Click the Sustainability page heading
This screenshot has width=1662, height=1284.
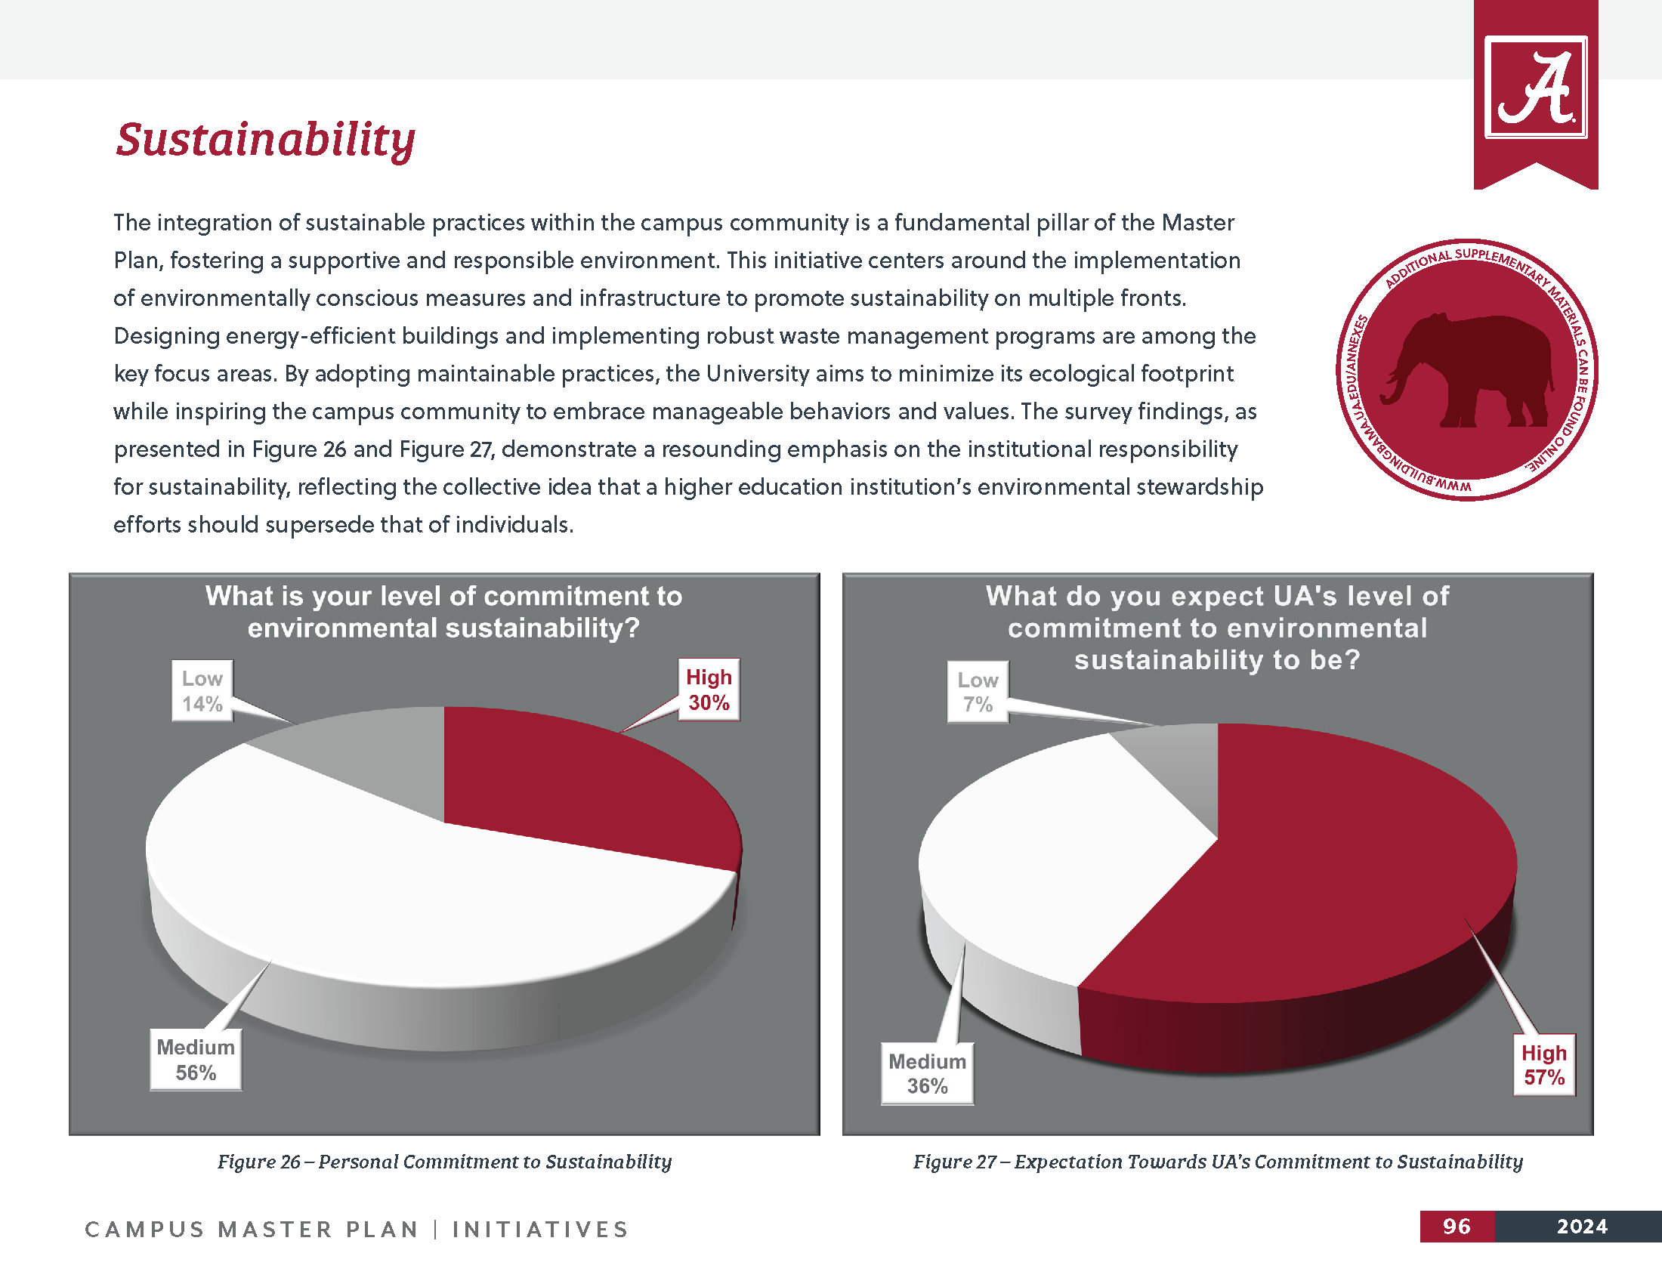pyautogui.click(x=266, y=140)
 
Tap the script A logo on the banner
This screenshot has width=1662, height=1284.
pyautogui.click(x=1535, y=88)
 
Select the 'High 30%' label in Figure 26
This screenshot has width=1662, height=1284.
pyautogui.click(x=709, y=690)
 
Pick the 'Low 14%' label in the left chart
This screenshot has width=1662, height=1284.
pyautogui.click(x=202, y=690)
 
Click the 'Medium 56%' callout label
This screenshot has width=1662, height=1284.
pyautogui.click(x=196, y=1060)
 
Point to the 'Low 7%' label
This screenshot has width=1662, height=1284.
pyautogui.click(x=977, y=692)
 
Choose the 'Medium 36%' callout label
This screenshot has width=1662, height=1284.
pyautogui.click(x=927, y=1073)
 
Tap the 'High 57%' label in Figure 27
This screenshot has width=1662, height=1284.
pyautogui.click(x=1543, y=1065)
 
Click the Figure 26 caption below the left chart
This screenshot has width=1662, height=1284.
pyautogui.click(x=444, y=1162)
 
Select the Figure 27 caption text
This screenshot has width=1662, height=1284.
pyautogui.click(x=1218, y=1162)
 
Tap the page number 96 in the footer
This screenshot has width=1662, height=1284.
pyautogui.click(x=1457, y=1226)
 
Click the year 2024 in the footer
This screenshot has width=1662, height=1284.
pyautogui.click(x=1581, y=1226)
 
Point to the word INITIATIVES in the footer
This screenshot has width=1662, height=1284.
pyautogui.click(x=540, y=1229)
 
